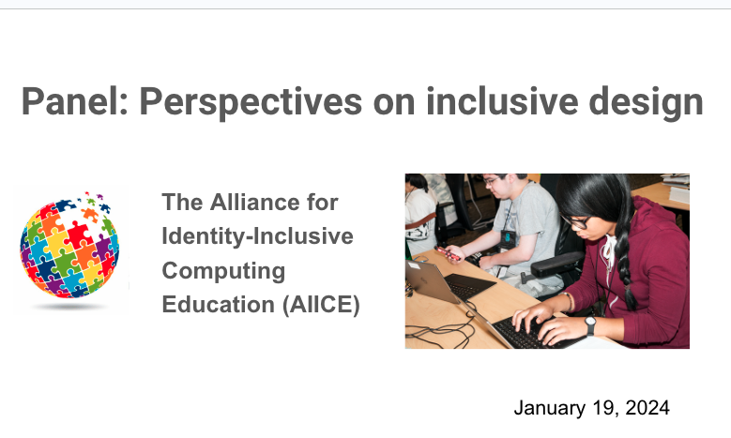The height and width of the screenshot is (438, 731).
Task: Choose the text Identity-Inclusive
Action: (257, 236)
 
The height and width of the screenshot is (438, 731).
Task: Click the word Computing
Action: (223, 271)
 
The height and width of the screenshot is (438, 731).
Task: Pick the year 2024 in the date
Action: (649, 408)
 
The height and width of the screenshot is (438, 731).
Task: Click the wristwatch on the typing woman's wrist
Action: (589, 325)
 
